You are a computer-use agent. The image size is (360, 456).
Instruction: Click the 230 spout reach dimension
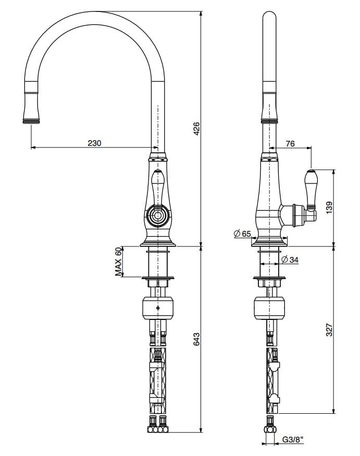pos(94,143)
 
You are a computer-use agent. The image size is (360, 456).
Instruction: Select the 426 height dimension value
pos(196,129)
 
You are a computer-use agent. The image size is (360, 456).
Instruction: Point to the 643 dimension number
pos(196,339)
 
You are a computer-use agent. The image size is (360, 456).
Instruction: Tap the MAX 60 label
pos(119,261)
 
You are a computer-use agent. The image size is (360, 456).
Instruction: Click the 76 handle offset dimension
pos(290,143)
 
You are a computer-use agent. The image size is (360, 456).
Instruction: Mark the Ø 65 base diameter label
pos(242,234)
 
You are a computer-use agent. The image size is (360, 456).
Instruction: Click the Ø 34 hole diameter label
pos(290,259)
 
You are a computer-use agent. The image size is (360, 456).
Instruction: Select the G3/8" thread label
pos(292,441)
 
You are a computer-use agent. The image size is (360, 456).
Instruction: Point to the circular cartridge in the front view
pos(157,215)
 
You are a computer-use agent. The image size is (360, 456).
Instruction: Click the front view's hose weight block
pos(157,309)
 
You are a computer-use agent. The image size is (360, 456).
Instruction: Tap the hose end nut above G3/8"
pos(270,428)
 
